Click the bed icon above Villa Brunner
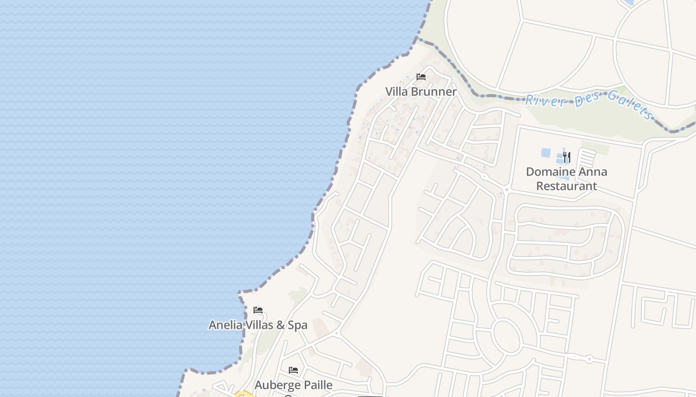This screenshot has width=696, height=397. coord(421,77)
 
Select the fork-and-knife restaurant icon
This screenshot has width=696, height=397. coord(566,157)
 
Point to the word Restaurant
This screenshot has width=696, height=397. coord(566,186)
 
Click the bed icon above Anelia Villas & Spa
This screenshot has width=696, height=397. coord(258,310)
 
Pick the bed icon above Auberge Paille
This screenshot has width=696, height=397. coord(293,370)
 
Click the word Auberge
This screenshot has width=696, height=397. coord(276,385)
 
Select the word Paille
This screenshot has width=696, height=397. coord(317,385)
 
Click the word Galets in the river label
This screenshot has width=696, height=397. coord(630,105)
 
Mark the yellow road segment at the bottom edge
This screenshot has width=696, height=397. coord(244,395)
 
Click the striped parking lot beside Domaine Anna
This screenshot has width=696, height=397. coord(587,158)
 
